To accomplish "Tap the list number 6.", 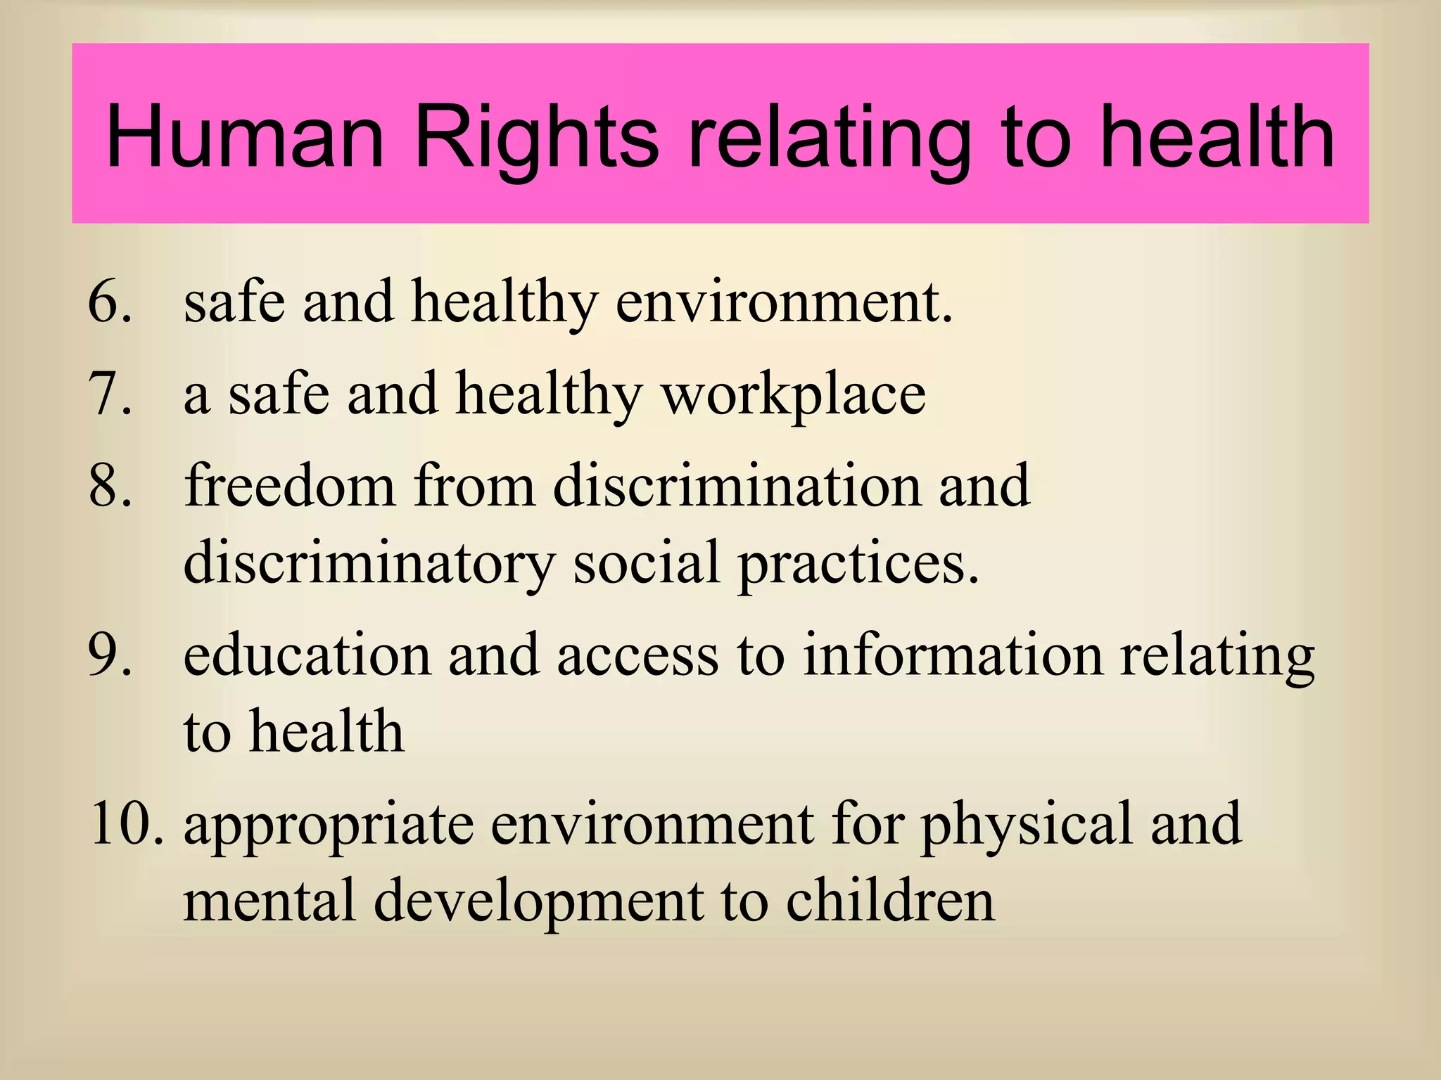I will click(109, 302).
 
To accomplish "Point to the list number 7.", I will click(109, 394).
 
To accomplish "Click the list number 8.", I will click(109, 487).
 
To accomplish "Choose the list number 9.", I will click(109, 656).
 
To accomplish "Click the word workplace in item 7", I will click(794, 396).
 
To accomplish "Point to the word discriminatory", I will click(369, 565).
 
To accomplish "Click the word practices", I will click(858, 565).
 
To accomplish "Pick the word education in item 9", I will click(307, 655).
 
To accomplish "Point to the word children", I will click(890, 901).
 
